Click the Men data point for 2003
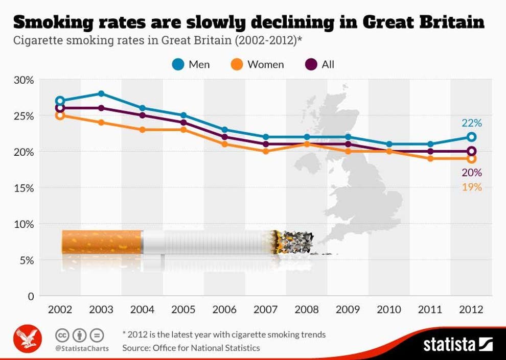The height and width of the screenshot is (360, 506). point(101,93)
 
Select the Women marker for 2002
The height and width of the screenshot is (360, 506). point(60,115)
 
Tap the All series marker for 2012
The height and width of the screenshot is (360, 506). point(471,151)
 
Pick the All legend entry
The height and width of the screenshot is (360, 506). point(320,64)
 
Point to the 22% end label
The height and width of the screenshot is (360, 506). point(471,123)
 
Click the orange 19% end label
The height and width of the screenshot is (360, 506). point(471,187)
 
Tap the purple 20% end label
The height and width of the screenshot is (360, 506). point(471,173)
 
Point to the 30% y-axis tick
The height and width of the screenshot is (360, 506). point(24,80)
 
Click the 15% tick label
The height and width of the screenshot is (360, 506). point(24,188)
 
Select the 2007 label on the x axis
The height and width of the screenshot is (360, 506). point(266,309)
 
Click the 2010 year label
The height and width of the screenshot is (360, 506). point(389,309)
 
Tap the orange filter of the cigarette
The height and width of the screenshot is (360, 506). point(101,242)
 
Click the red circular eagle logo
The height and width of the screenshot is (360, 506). point(27,339)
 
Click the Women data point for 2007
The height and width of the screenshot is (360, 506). point(266,151)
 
